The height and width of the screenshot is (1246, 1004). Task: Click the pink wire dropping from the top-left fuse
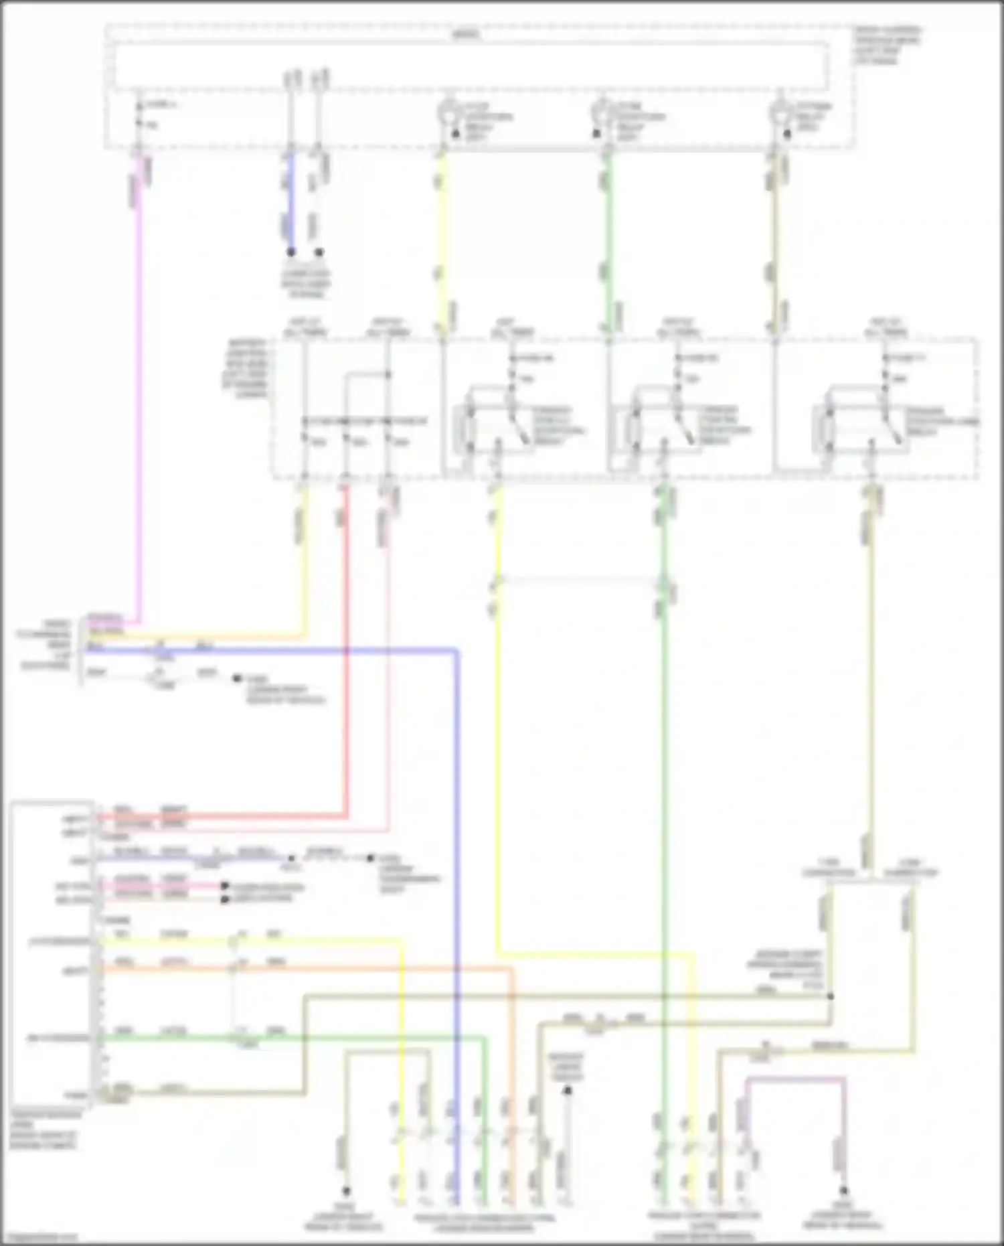[x=139, y=402]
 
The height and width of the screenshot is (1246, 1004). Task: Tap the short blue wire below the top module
[x=290, y=201]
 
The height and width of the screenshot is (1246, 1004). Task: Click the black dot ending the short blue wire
[x=291, y=252]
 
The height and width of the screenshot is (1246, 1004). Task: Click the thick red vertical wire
[x=345, y=670]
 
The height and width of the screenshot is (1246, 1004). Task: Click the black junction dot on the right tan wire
[x=830, y=996]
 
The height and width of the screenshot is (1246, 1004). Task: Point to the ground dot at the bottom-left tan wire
[x=346, y=1191]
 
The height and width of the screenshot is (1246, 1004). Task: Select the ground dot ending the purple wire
[x=844, y=1191]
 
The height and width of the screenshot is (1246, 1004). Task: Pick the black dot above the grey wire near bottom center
[x=567, y=1091]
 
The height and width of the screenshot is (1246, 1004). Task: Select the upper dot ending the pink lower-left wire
[x=226, y=886]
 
